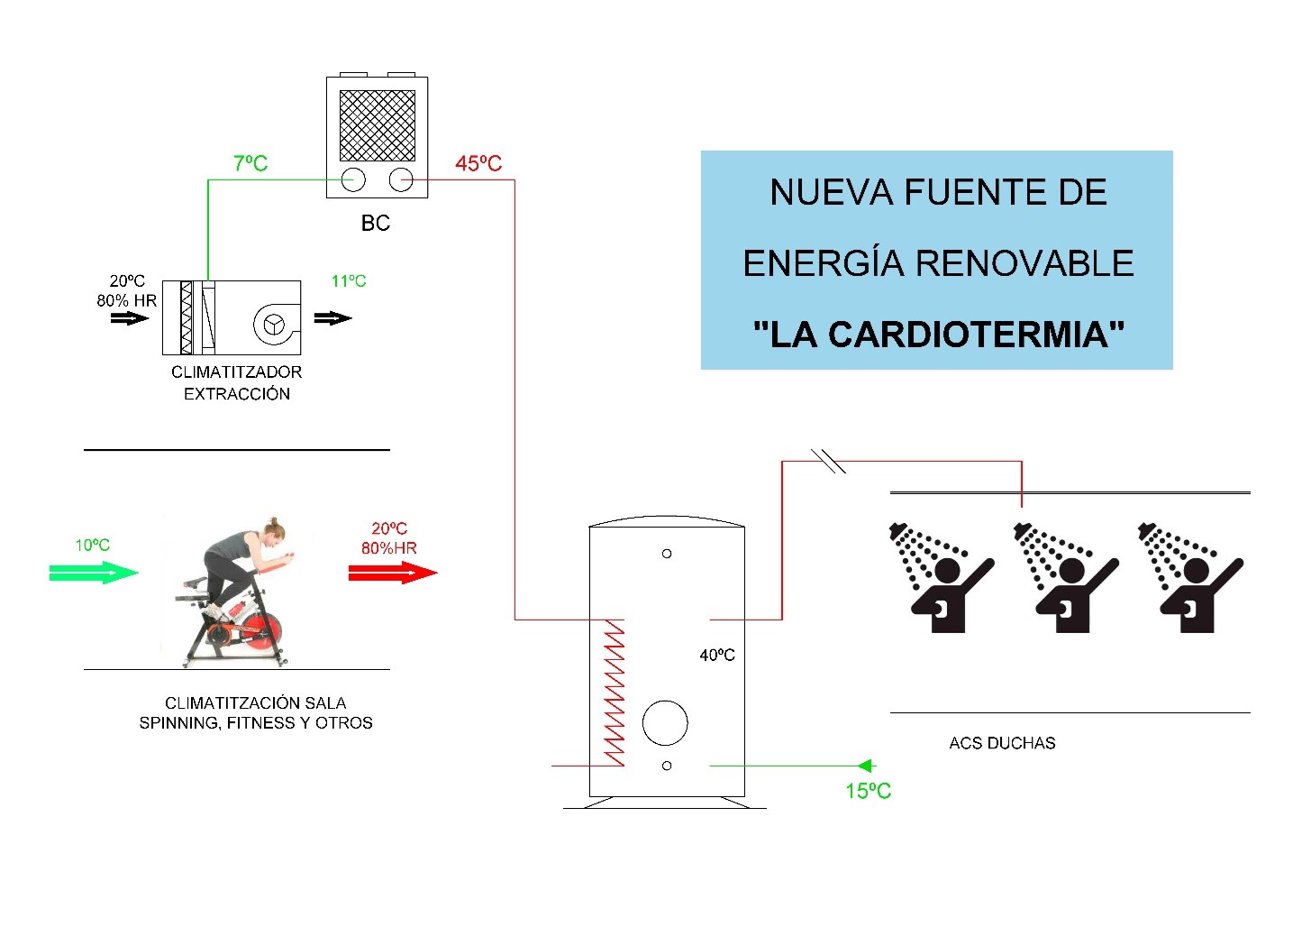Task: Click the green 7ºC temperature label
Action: pos(250,163)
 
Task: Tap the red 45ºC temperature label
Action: pos(478,163)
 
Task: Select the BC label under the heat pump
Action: pos(375,223)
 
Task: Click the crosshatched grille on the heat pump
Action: pos(377,125)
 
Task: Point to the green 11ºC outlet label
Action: pos(349,281)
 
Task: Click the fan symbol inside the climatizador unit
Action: pos(273,324)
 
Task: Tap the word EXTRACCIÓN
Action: pos(237,394)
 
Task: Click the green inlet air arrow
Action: pos(94,572)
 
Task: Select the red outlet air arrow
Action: pos(393,573)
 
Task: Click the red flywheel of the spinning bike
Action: pos(261,632)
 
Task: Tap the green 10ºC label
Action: pos(93,546)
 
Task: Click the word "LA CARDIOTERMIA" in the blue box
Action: pos(939,335)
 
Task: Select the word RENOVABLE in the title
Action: pos(1024,263)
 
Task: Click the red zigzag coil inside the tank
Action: pos(614,693)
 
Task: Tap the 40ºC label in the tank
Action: pos(717,655)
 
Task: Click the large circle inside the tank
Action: pos(665,722)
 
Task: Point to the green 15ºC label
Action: pos(868,791)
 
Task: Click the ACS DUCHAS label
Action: pos(1002,743)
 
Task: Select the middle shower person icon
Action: pos(1065,577)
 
